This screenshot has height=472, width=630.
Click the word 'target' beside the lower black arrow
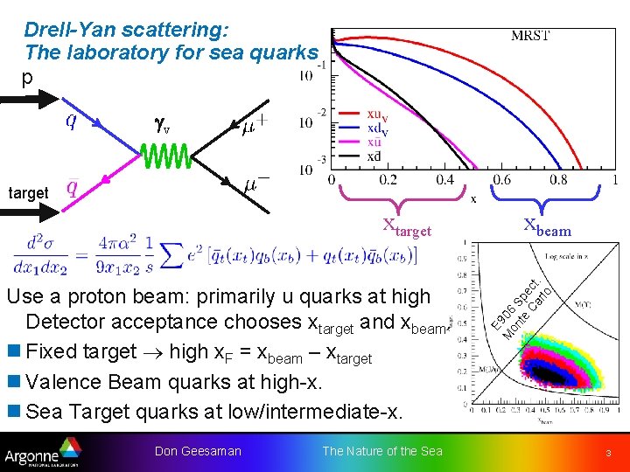click(28, 193)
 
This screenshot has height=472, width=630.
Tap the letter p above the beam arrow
click(27, 78)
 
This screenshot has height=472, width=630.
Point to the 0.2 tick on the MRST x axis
click(388, 181)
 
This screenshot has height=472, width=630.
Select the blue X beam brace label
click(547, 229)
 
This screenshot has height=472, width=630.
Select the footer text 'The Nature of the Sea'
click(382, 451)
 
